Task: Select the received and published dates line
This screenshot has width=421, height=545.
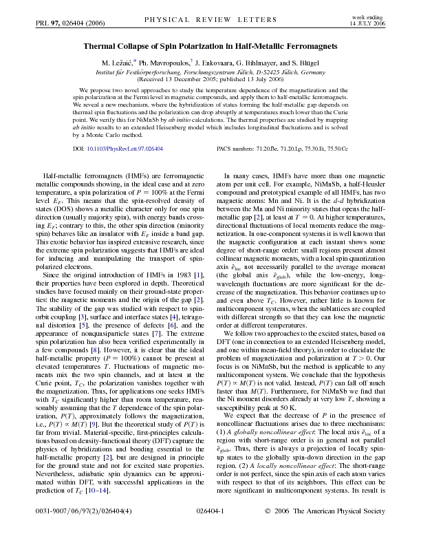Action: pos(210,79)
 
